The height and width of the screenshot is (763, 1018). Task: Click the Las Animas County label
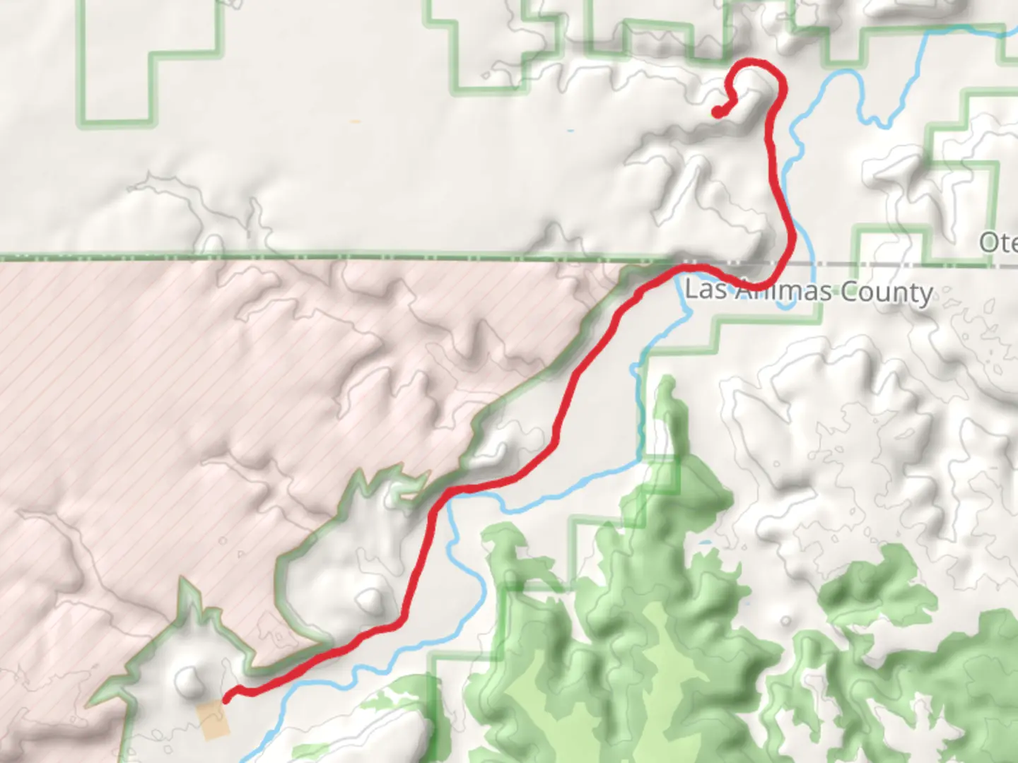click(809, 291)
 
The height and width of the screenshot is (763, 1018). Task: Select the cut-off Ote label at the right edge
click(998, 242)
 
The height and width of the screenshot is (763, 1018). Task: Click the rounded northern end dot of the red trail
click(717, 112)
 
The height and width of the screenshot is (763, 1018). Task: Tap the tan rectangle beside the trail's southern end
click(213, 720)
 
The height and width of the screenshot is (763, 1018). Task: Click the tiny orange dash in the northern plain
click(355, 122)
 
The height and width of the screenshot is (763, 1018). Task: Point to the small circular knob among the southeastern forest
click(786, 621)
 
